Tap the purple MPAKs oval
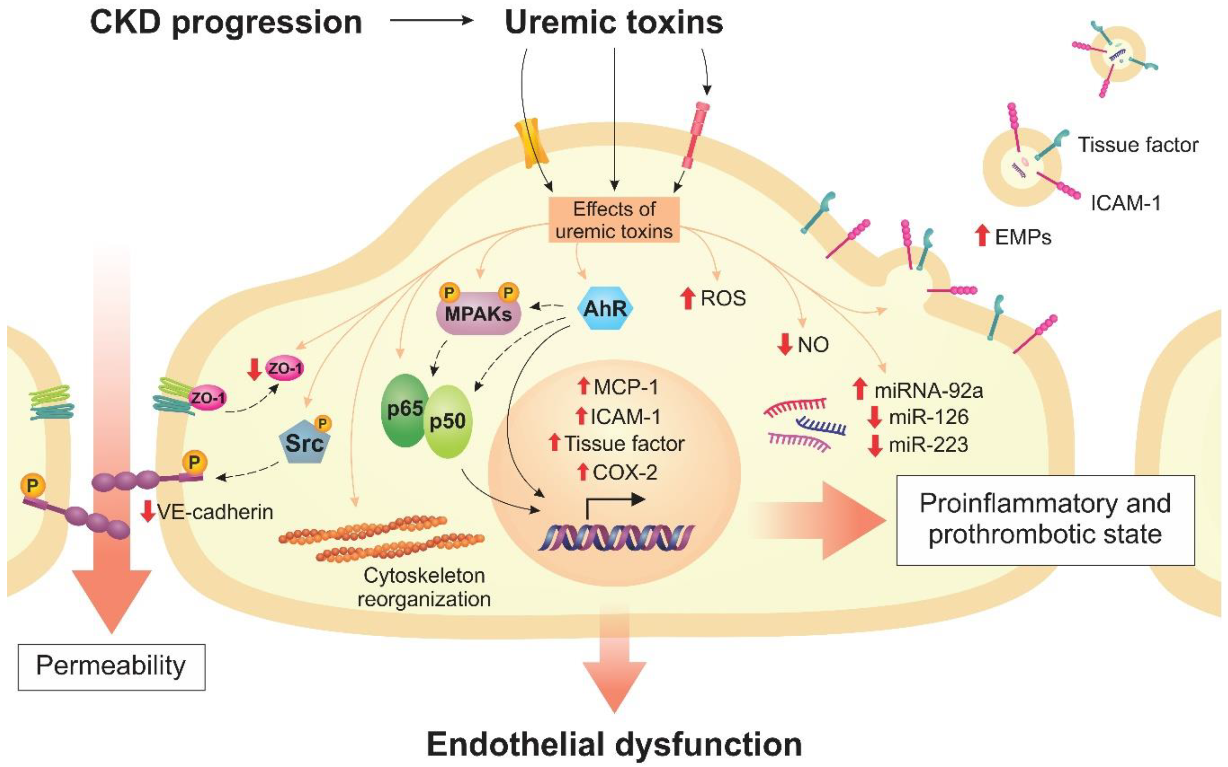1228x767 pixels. click(478, 313)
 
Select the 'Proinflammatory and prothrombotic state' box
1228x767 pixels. click(1045, 520)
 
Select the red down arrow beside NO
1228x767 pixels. click(785, 344)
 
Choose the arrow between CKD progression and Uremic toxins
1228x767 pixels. click(431, 21)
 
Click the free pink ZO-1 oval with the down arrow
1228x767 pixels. click(285, 369)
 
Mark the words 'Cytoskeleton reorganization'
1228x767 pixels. click(424, 587)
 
